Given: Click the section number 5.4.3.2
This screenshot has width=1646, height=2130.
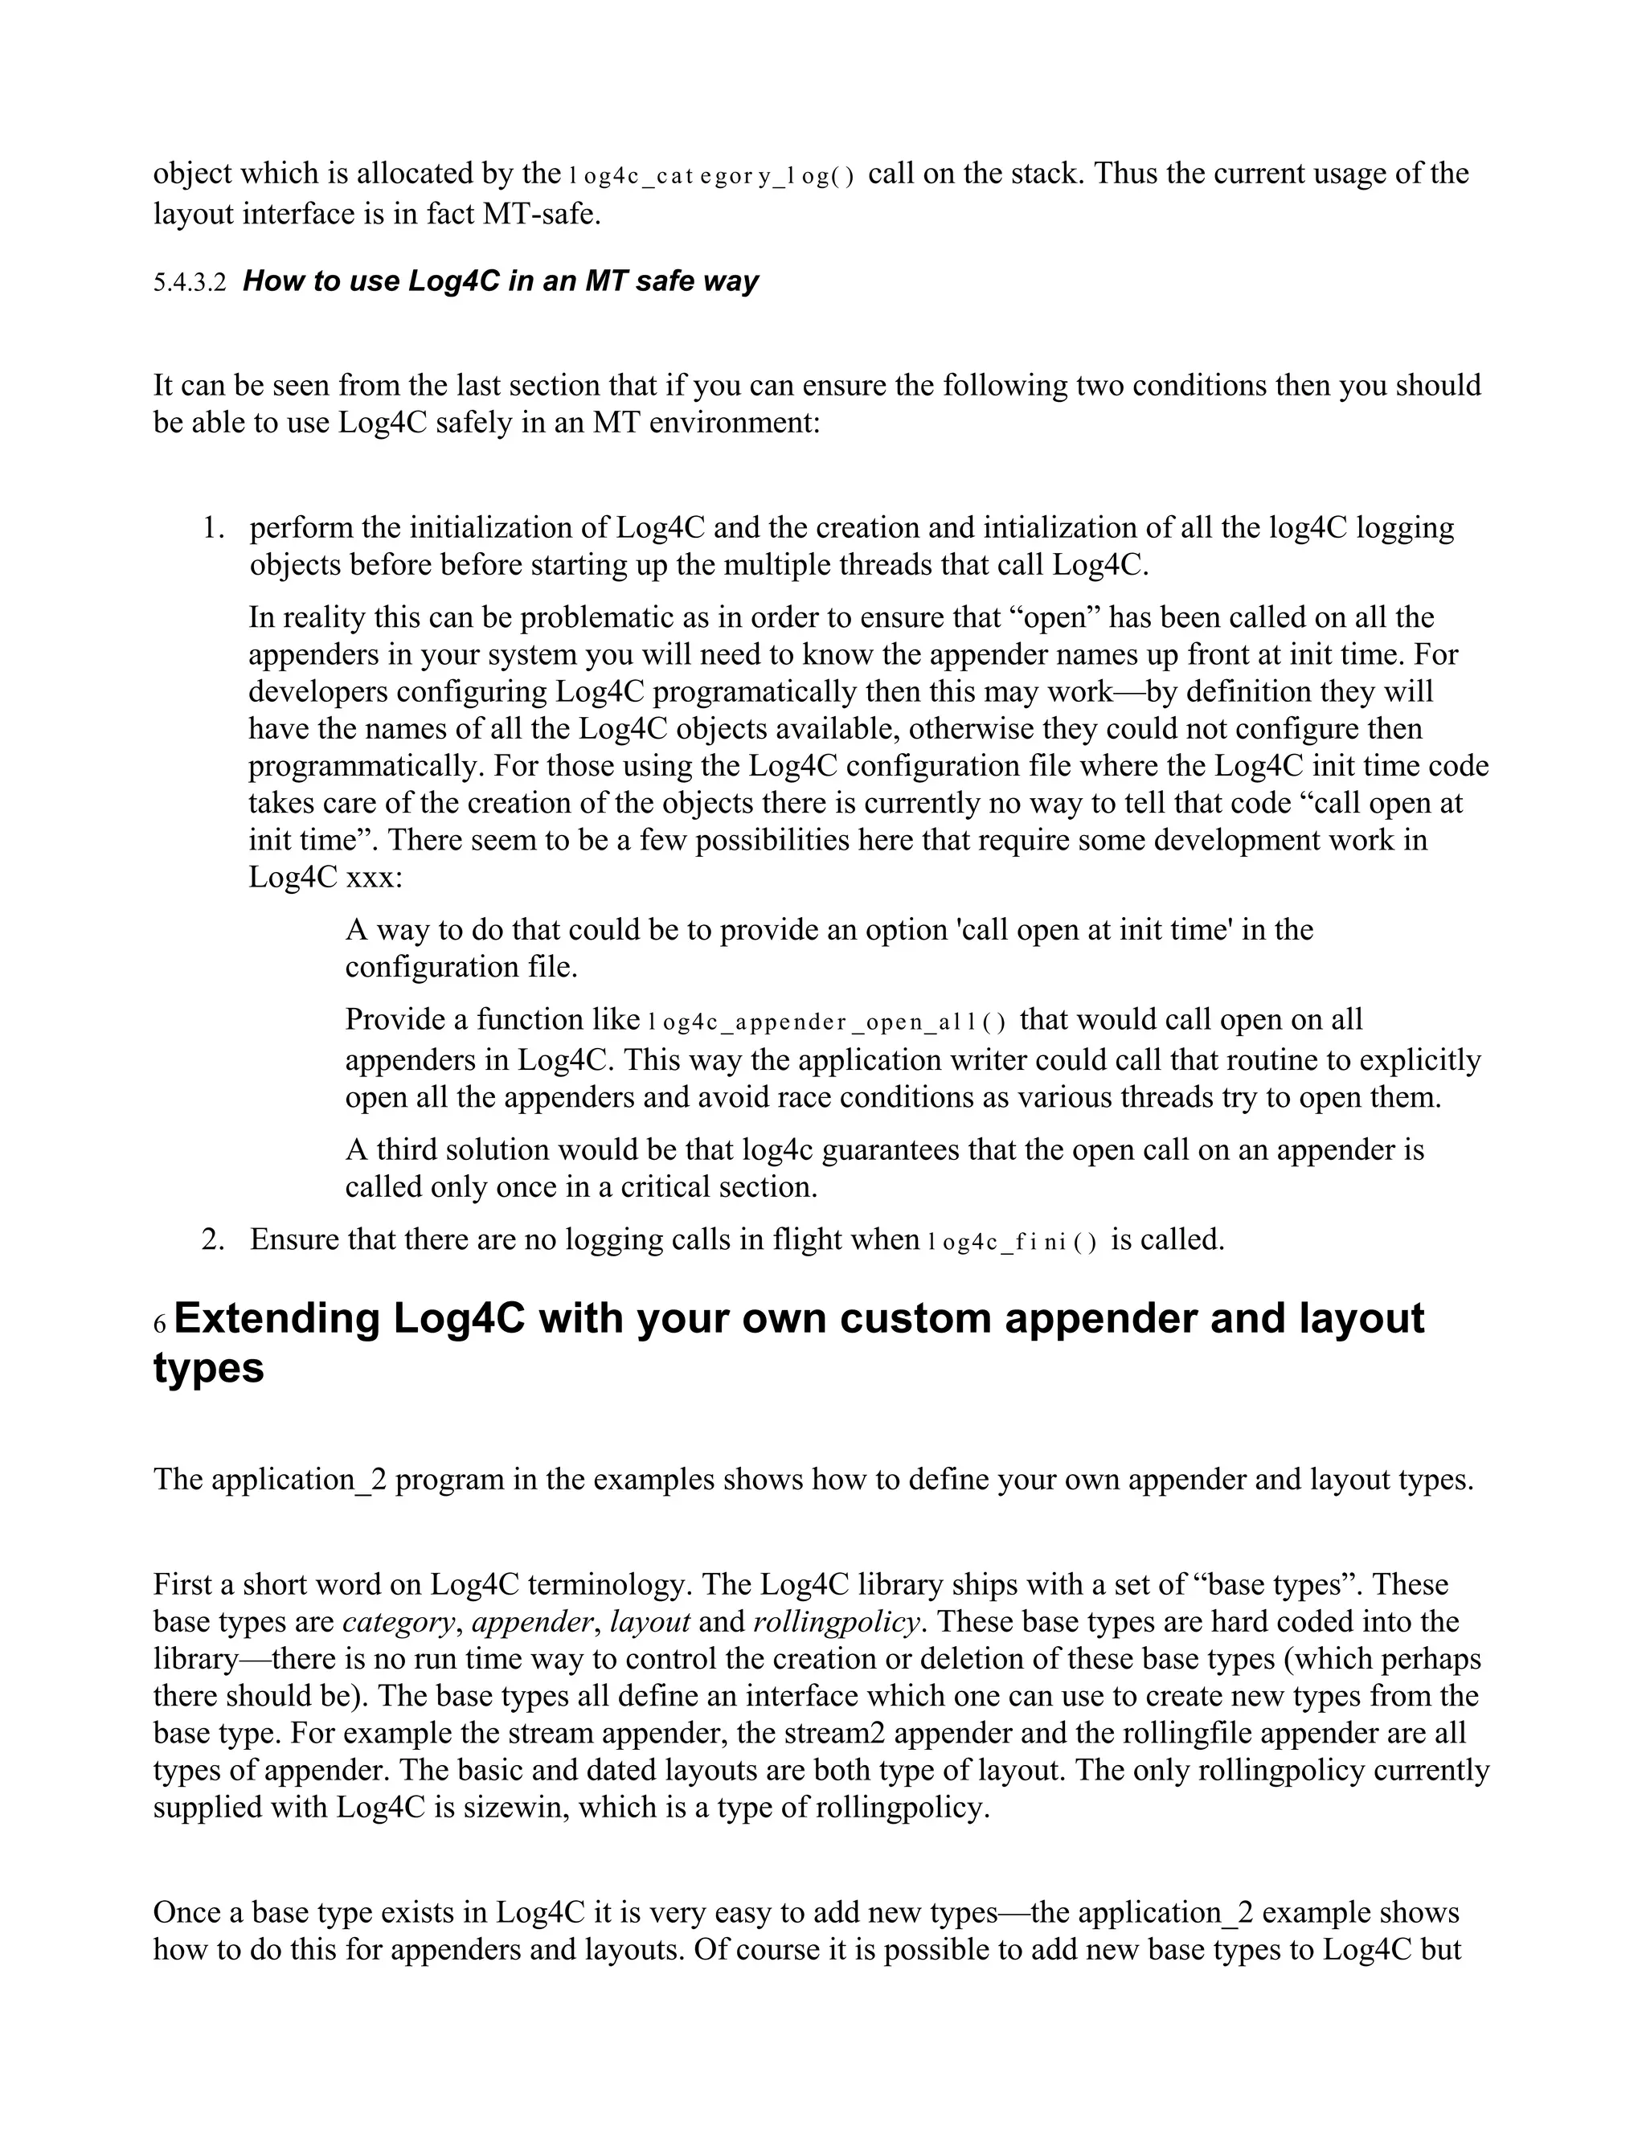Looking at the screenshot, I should (189, 283).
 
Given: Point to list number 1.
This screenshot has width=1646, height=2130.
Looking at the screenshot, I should (212, 527).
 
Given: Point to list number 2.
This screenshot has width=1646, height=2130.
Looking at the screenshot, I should (212, 1239).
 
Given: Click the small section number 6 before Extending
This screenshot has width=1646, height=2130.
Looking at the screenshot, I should (160, 1325).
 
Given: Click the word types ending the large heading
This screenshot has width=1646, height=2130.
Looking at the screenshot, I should (209, 1367).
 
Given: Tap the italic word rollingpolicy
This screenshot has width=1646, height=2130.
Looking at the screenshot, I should (837, 1622).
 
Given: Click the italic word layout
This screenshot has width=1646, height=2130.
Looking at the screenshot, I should (650, 1622).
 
